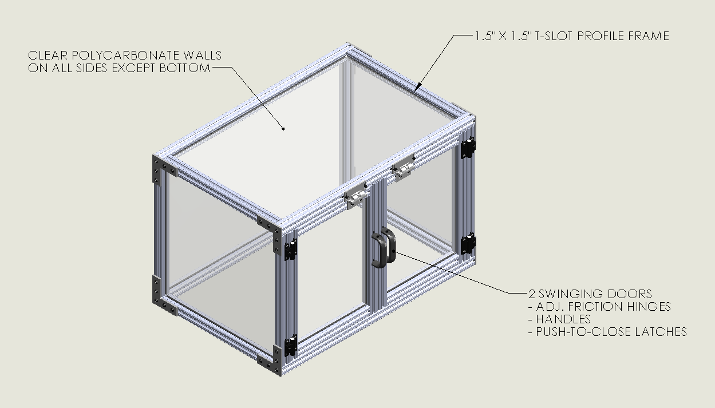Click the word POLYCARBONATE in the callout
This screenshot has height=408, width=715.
click(x=125, y=56)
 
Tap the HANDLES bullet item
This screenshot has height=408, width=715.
click(x=559, y=319)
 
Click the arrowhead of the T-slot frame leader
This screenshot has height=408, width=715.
click(x=417, y=87)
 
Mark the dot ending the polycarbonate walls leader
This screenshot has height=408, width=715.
click(x=283, y=129)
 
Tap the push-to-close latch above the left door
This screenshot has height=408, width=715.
click(x=356, y=196)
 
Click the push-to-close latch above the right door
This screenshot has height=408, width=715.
click(x=404, y=168)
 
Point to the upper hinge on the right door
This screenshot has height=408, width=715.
click(x=468, y=147)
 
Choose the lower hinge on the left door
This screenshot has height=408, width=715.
click(x=290, y=346)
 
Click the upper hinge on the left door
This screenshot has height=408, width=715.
click(x=290, y=249)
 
